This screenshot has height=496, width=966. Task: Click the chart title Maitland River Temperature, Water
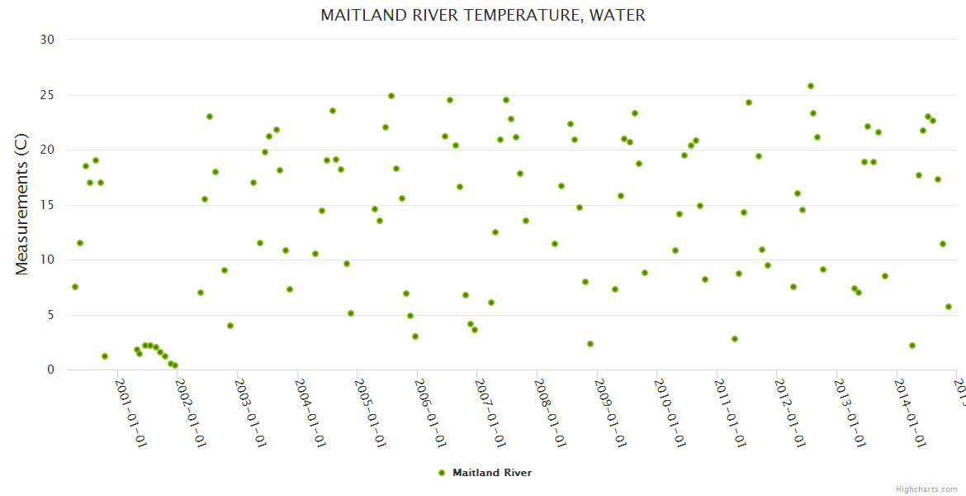click(483, 16)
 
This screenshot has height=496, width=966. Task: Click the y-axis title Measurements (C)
click(22, 204)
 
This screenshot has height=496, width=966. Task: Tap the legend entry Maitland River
click(491, 473)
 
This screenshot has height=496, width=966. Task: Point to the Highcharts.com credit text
click(926, 489)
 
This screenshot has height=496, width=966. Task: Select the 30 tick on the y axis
click(47, 40)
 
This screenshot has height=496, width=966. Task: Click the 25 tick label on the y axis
click(47, 95)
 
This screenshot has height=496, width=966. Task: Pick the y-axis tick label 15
click(47, 205)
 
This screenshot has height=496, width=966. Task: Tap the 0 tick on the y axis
click(50, 370)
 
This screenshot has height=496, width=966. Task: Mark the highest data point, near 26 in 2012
click(811, 86)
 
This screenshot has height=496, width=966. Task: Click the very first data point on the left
click(75, 287)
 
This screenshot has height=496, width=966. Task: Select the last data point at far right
click(949, 307)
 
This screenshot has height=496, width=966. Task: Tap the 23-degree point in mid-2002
click(210, 117)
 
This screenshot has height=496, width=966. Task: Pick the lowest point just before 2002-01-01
click(175, 365)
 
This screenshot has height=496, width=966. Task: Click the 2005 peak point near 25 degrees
click(391, 96)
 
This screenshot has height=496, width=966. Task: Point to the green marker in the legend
click(442, 473)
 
